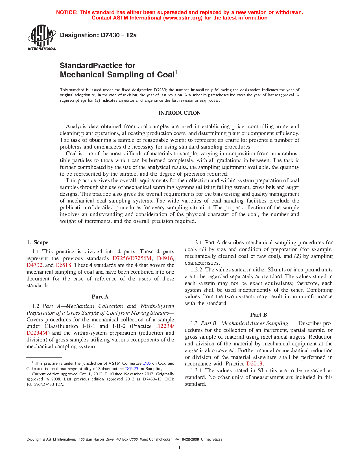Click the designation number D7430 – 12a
tap(119, 35)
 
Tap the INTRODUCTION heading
tap(179, 113)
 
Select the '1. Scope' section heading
tap(38, 243)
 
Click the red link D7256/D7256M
tap(132, 258)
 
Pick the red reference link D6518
tap(63, 265)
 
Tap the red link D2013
tap(254, 364)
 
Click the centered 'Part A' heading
tap(100, 297)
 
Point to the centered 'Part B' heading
tap(259, 315)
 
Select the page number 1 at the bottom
tap(180, 448)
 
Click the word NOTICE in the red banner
tap(67, 12)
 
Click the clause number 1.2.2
tap(196, 270)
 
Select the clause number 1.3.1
tap(196, 371)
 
